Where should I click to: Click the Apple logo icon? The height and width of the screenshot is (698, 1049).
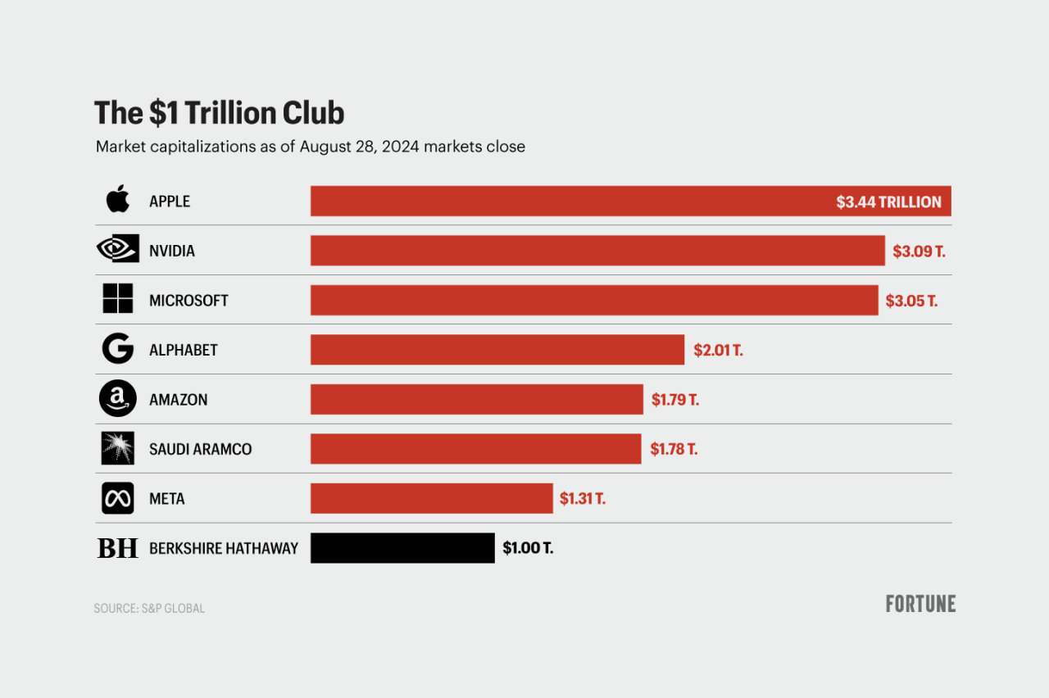coord(117,200)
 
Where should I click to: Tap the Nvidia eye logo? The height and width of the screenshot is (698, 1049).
coord(117,250)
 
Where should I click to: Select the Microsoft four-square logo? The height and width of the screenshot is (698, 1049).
coord(117,299)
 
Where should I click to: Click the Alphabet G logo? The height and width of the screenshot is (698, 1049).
coord(117,349)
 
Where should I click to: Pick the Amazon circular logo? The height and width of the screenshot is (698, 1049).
coord(117,399)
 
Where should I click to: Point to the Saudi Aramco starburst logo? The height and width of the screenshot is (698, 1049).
coord(117,448)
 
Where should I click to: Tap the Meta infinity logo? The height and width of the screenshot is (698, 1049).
coord(117,498)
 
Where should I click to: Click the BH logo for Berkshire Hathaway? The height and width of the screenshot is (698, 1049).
coord(117,548)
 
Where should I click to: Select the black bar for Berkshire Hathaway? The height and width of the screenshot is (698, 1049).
coord(402,548)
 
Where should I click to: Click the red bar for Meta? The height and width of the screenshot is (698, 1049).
coord(431,498)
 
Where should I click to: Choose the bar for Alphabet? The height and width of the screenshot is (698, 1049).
coord(497,349)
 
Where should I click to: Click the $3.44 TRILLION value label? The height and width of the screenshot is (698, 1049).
coord(888,202)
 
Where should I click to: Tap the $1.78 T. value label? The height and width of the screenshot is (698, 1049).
coord(674,449)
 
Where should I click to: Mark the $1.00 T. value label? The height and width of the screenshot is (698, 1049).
coord(528,548)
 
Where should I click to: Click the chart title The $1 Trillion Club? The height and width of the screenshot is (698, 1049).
coord(219,113)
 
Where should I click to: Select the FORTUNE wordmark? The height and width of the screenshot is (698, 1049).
coord(920,604)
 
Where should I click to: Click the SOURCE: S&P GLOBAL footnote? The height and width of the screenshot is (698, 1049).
coord(149,609)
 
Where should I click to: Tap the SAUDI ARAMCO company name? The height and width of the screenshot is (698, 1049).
coord(200,449)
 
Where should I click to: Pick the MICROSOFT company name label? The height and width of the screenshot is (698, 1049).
coord(188,301)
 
